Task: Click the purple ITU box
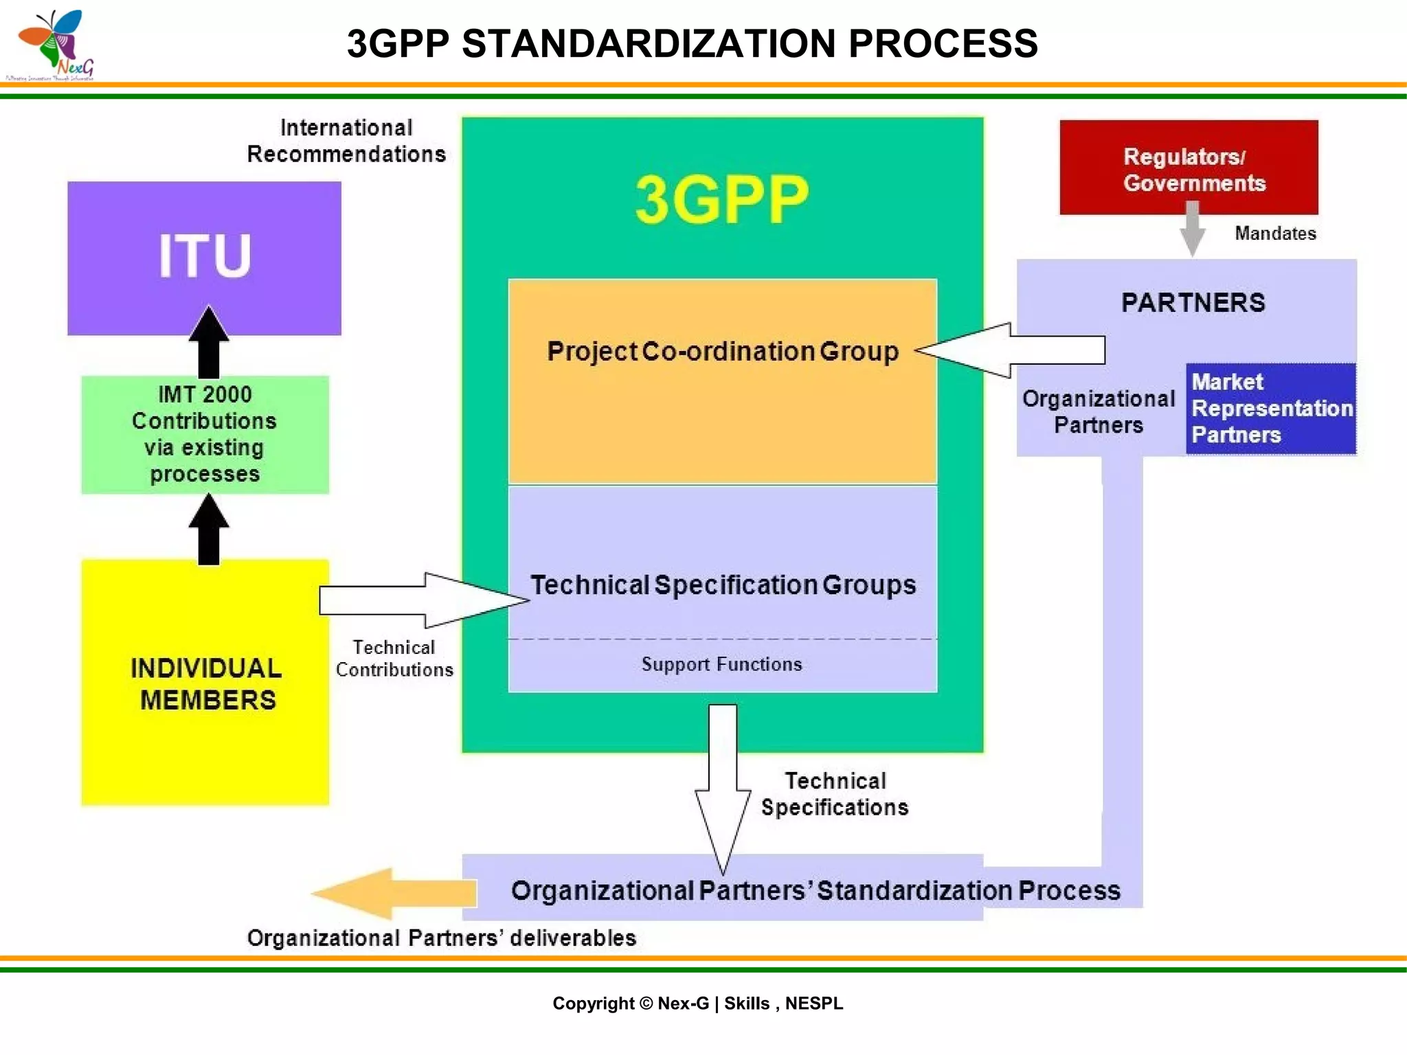point(204,258)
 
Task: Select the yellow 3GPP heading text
point(721,200)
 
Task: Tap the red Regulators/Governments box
point(1189,167)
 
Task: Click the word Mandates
point(1275,234)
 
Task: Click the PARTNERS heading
point(1193,303)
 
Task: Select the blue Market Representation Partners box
point(1270,409)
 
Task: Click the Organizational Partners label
point(1099,412)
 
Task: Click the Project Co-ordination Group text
point(722,352)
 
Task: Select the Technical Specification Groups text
point(723,585)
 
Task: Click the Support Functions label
point(721,664)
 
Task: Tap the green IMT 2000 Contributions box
point(205,434)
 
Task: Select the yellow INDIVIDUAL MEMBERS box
point(205,683)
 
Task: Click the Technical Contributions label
point(394,659)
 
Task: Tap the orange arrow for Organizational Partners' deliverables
point(395,893)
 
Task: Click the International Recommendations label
point(346,141)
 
